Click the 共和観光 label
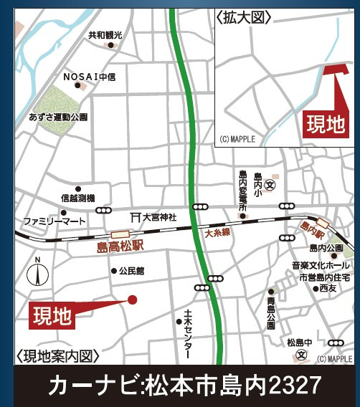coord(105,34)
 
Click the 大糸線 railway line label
coord(216,233)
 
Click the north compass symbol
coord(37,273)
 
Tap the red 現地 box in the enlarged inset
coord(326,124)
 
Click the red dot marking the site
coord(132,300)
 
